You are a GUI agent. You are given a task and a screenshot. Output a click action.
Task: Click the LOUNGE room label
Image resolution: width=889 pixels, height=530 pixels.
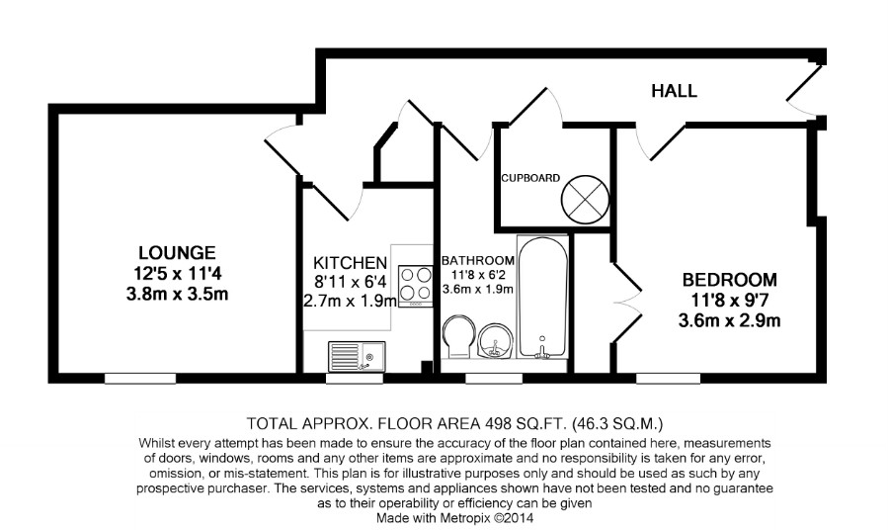177,252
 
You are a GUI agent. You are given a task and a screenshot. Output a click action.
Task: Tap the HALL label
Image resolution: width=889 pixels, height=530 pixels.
674,91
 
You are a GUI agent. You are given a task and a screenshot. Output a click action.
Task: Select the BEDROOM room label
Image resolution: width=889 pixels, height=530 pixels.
729,279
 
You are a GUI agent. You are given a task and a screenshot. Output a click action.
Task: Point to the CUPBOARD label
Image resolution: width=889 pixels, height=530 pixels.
530,178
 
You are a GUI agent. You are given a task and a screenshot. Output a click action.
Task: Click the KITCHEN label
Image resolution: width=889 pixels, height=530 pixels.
350,262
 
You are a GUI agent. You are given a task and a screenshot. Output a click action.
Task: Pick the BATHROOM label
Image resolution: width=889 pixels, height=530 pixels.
477,260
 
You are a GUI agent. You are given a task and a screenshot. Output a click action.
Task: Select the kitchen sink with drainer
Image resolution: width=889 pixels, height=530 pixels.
357,354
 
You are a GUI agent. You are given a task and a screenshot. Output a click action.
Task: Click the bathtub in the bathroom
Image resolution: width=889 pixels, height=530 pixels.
542,297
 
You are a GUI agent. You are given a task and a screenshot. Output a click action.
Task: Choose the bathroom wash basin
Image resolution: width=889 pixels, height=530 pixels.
493,342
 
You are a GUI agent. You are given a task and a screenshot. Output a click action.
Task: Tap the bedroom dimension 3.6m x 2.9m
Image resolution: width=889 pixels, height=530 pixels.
729,319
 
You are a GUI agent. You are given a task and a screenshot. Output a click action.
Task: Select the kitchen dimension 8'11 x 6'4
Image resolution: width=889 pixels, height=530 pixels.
350,282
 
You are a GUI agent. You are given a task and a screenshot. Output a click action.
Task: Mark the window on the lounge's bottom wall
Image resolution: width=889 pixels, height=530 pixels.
140,376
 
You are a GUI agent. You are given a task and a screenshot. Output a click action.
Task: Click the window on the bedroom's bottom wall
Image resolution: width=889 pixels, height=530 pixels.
669,376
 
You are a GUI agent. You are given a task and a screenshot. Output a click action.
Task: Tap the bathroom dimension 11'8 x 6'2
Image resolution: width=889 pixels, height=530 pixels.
477,275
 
